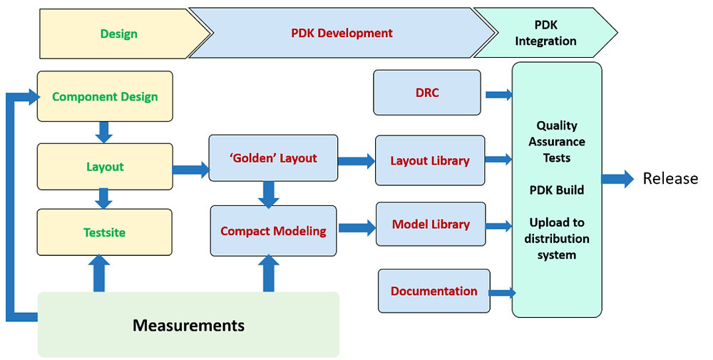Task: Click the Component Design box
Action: pyautogui.click(x=105, y=97)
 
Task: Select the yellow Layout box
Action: pyautogui.click(x=105, y=167)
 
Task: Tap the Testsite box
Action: pyautogui.click(x=105, y=232)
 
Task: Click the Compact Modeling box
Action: pyautogui.click(x=273, y=231)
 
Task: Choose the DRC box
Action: pyautogui.click(x=427, y=93)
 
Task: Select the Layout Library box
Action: pyautogui.click(x=430, y=161)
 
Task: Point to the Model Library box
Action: pyautogui.click(x=431, y=225)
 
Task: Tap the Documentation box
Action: pyautogui.click(x=434, y=291)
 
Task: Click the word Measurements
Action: pyautogui.click(x=188, y=326)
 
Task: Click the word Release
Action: pyautogui.click(x=670, y=178)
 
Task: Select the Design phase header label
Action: pyautogui.click(x=119, y=34)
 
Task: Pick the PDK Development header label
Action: pyautogui.click(x=342, y=33)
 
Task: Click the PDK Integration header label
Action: pyautogui.click(x=545, y=34)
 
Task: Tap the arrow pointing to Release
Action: pyautogui.click(x=617, y=179)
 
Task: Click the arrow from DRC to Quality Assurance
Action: pyautogui.click(x=498, y=94)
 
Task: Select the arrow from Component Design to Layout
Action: pyautogui.click(x=104, y=132)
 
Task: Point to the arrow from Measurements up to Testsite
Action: pyautogui.click(x=100, y=274)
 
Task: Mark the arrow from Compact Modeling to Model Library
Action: pyautogui.click(x=356, y=228)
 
